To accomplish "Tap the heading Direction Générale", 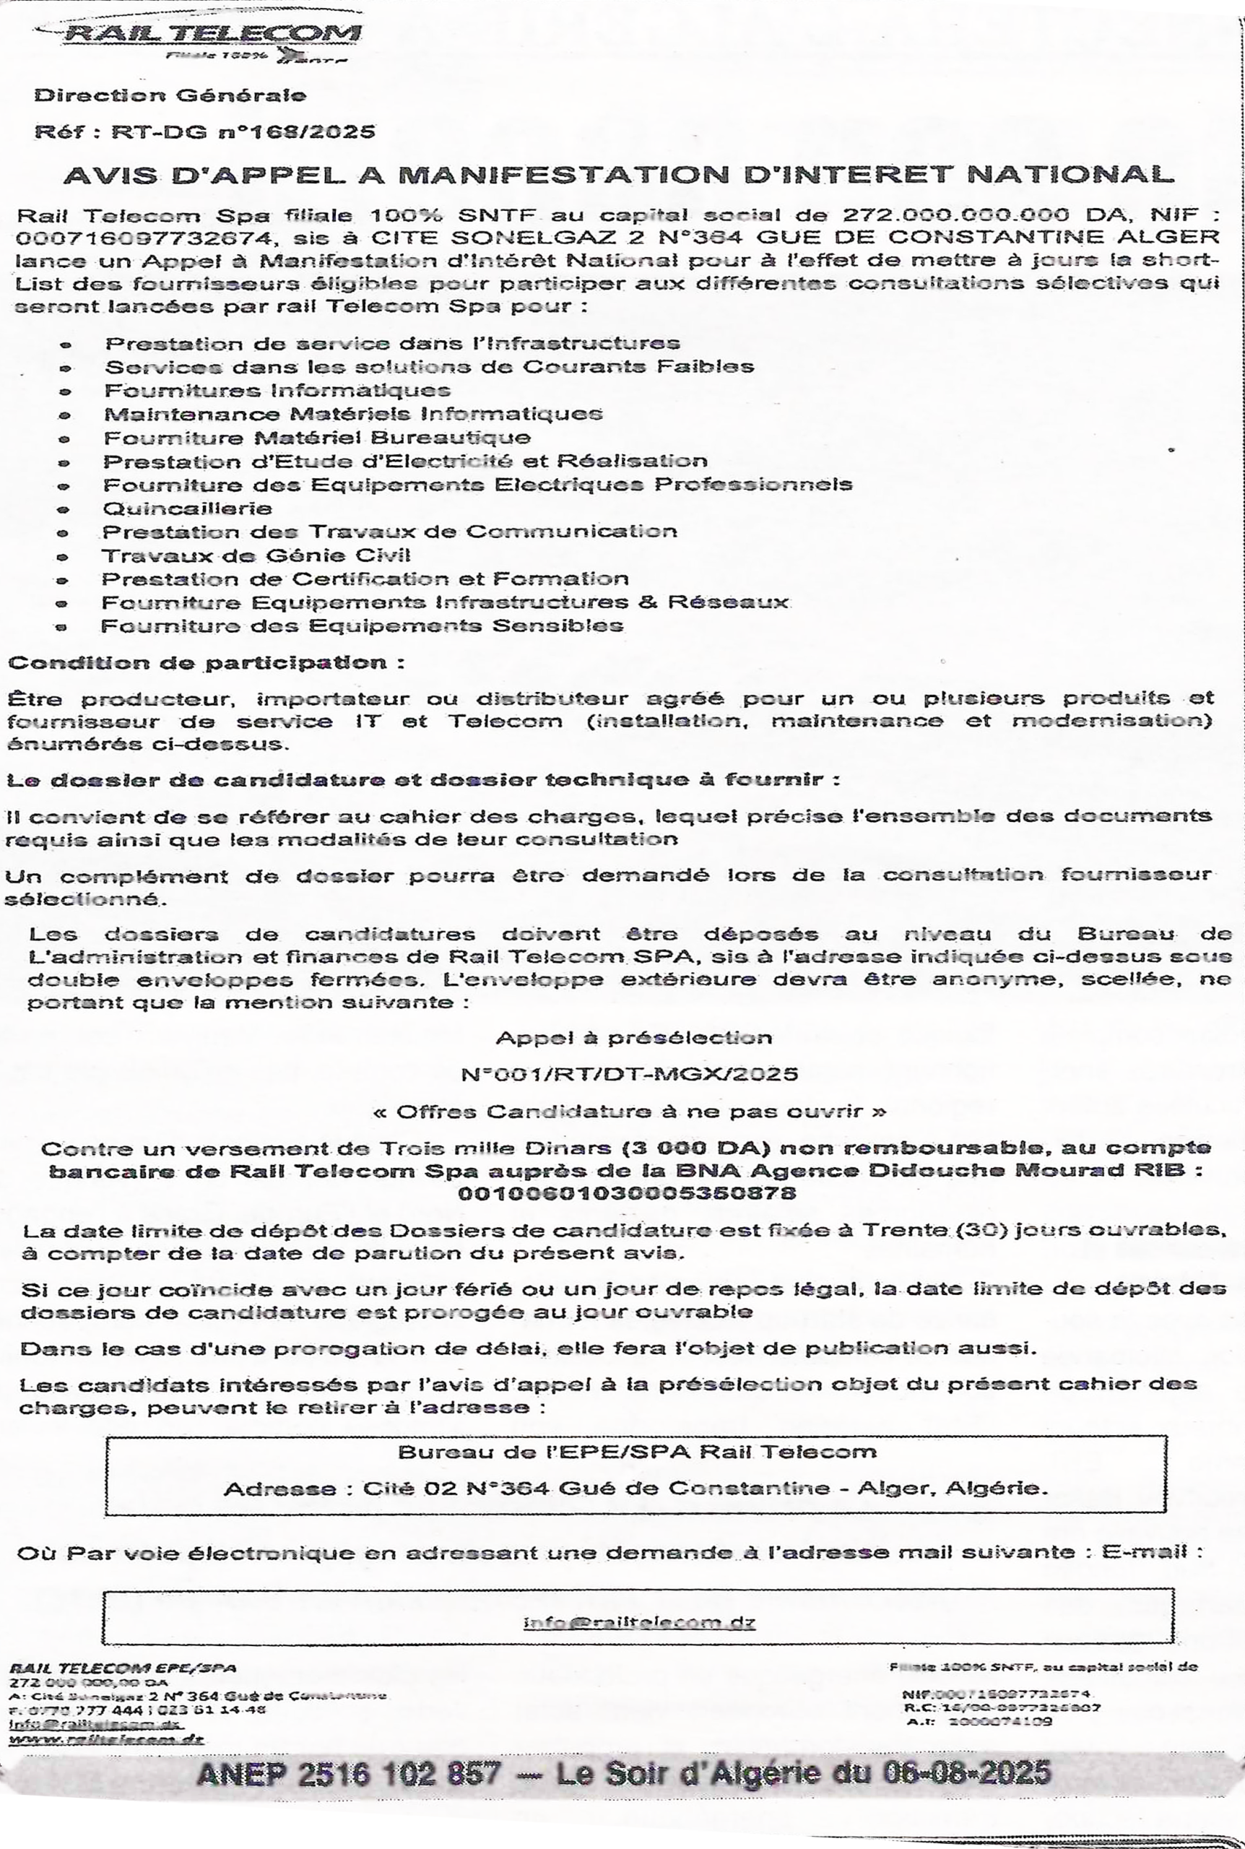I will point(170,95).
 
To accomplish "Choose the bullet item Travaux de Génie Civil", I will point(256,555).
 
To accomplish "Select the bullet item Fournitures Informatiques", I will point(277,391).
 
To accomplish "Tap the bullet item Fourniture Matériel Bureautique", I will point(317,438).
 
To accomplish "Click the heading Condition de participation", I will point(205,662).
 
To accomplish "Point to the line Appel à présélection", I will point(633,1038).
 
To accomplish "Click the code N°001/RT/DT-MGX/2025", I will point(629,1074).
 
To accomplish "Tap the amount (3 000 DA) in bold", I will point(692,1148).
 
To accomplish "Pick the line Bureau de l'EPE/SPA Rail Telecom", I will point(637,1452).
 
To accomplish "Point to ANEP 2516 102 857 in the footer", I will point(349,1774).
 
